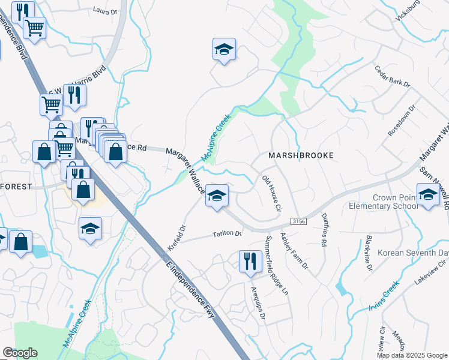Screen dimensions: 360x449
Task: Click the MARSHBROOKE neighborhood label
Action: point(300,155)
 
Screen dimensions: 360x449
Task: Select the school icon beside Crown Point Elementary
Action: point(428,196)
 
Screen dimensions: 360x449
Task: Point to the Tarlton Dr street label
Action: point(226,235)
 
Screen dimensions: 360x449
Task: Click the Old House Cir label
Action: point(272,194)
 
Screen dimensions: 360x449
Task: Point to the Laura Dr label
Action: point(106,10)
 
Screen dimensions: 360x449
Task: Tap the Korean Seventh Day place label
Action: point(412,253)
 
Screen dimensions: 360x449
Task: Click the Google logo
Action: point(20,353)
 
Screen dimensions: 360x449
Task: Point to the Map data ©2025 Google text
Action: point(412,355)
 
